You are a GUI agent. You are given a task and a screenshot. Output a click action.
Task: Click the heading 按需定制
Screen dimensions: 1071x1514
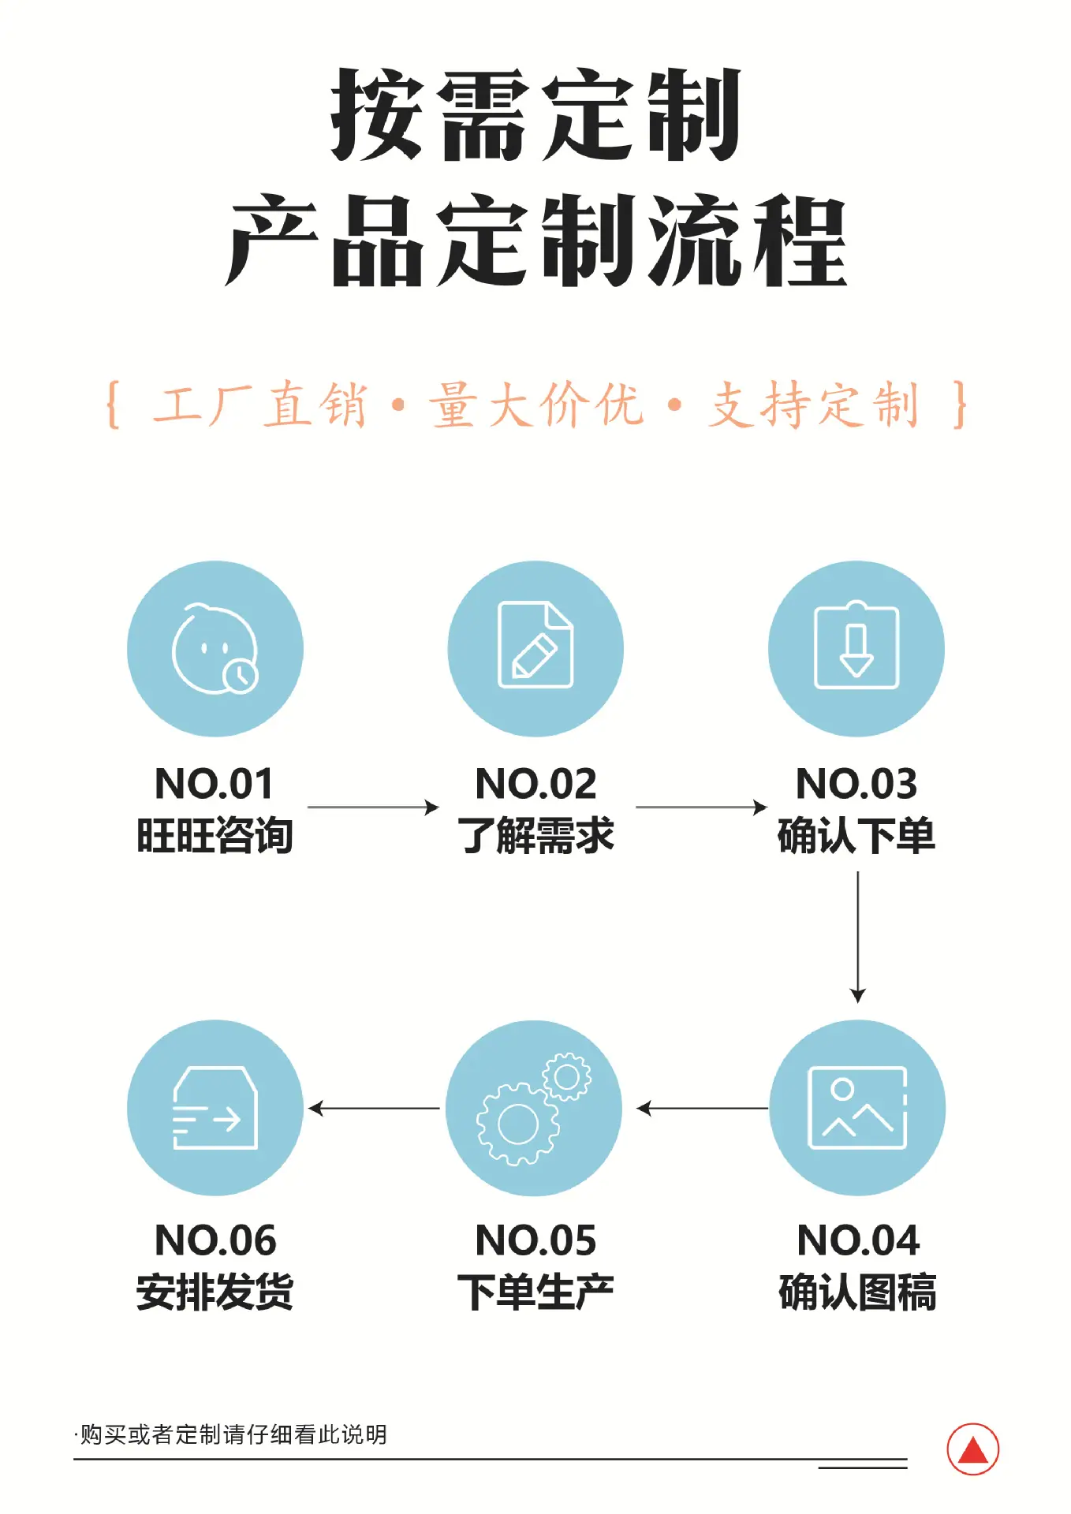point(536,115)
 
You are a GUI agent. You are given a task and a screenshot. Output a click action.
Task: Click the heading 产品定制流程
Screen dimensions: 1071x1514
point(536,241)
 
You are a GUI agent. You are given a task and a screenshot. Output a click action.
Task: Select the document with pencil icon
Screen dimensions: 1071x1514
point(535,644)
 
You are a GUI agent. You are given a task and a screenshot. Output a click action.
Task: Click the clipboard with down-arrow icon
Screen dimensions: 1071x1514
point(856,645)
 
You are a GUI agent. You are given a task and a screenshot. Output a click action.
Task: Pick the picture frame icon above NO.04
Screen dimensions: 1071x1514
point(857,1108)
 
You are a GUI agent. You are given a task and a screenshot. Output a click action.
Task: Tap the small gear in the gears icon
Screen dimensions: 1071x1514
point(566,1076)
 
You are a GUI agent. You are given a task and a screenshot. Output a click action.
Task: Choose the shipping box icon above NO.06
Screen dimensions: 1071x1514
point(215,1108)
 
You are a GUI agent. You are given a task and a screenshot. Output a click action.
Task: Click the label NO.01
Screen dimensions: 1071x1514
point(215,784)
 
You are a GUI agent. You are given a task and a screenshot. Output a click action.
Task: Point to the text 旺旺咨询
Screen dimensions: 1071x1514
point(215,836)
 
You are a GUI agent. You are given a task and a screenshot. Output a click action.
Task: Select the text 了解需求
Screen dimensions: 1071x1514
point(535,836)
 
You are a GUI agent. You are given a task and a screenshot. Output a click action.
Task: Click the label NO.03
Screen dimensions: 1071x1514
point(856,784)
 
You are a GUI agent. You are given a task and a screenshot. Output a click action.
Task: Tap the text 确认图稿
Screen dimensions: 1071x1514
point(857,1292)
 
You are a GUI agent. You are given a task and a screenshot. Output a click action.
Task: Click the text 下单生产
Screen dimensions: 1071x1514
point(535,1292)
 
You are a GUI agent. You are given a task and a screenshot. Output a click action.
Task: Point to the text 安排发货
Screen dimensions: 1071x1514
point(215,1292)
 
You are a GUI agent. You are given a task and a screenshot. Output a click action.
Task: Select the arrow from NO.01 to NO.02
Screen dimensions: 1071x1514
point(373,807)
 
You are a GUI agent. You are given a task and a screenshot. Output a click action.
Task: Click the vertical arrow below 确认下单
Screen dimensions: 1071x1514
point(858,938)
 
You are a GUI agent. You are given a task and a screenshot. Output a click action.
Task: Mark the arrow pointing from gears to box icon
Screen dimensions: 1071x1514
point(374,1109)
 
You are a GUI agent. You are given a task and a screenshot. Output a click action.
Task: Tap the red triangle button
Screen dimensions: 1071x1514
point(973,1449)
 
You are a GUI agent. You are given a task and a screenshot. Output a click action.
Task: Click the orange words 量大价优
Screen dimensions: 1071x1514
point(536,405)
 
